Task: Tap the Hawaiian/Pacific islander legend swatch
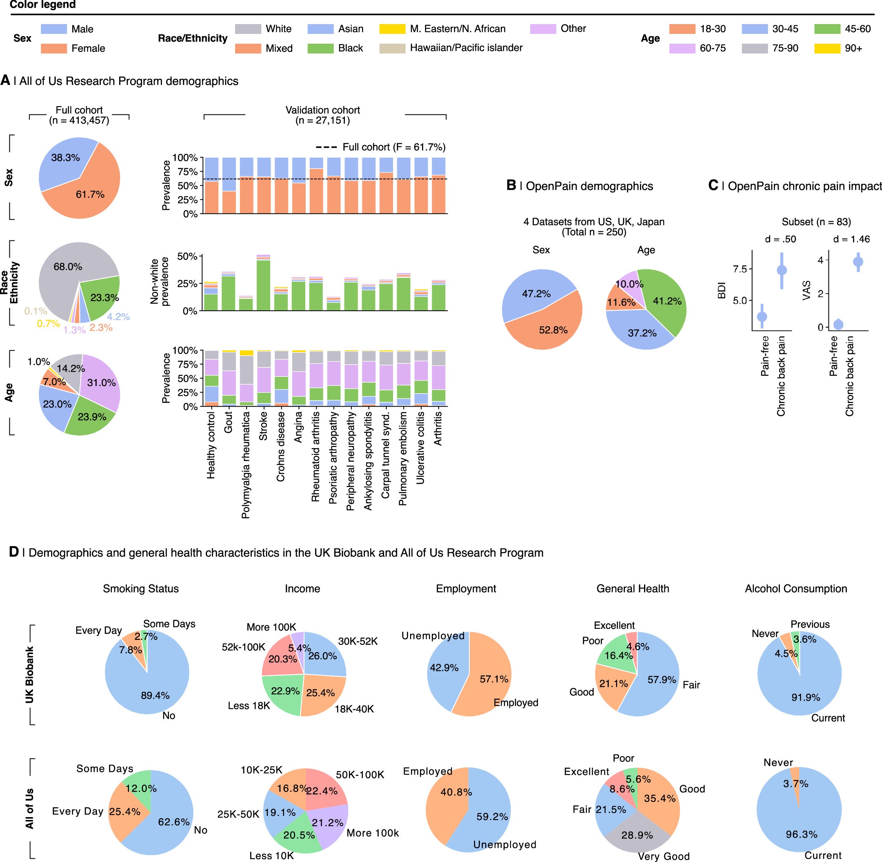392,49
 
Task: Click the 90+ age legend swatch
827,49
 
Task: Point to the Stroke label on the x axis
263,425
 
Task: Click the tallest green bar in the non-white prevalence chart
263,285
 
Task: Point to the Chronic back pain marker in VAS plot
858,262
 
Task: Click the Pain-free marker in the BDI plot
762,316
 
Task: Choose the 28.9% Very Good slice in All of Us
637,834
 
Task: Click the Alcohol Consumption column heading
795,588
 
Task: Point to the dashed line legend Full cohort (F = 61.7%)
380,147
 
